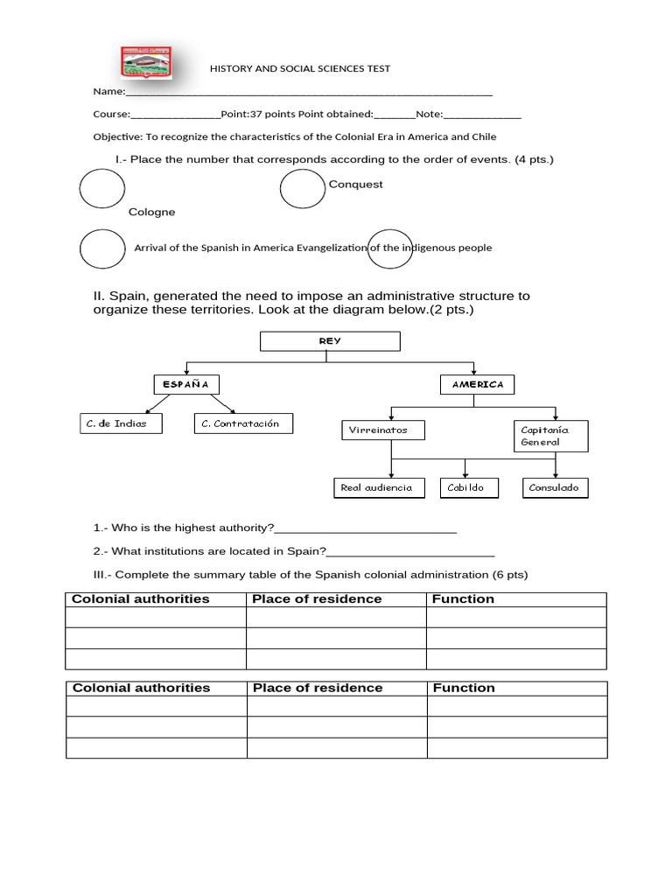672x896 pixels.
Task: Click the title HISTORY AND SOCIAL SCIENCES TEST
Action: [300, 68]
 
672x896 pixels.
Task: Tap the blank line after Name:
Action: [309, 92]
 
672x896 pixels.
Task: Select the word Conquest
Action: [355, 185]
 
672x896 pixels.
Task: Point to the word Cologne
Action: [151, 212]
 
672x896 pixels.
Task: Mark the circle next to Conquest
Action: [303, 188]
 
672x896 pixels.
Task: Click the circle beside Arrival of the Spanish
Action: [102, 248]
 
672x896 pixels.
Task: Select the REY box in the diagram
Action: [330, 341]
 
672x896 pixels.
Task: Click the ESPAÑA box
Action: [185, 384]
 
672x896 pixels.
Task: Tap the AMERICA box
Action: [478, 384]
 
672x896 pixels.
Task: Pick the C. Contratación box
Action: [243, 423]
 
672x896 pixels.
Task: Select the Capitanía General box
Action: [550, 436]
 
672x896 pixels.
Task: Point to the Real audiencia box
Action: [376, 487]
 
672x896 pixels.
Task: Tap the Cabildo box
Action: [468, 487]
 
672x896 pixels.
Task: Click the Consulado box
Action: [555, 487]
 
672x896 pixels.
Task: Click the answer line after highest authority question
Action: [366, 528]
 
